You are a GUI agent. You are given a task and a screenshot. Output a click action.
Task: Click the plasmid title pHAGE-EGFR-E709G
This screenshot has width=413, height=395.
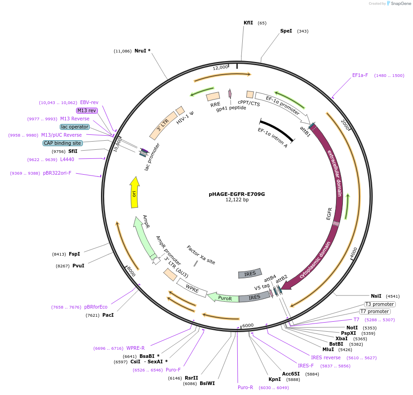point(236,194)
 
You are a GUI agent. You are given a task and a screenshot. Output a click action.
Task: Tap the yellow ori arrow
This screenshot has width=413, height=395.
point(134,192)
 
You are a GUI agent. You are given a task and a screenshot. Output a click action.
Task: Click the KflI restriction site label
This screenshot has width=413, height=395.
point(248,23)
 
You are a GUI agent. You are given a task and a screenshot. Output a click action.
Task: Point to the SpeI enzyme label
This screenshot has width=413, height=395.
point(286,31)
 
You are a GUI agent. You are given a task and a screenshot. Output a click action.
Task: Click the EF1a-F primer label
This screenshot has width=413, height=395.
point(360,76)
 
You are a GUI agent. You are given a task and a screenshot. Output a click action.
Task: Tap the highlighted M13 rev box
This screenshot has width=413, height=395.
point(86,110)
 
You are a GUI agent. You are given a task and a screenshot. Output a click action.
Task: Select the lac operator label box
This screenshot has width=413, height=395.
point(75,127)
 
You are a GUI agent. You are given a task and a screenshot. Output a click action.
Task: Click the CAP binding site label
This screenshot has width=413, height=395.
point(62,143)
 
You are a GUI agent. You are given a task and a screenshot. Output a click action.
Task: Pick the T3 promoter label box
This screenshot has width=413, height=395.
point(379,304)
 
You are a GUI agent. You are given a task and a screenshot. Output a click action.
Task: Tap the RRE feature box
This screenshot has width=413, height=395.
point(213,96)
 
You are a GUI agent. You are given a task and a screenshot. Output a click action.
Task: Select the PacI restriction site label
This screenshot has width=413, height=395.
point(108,315)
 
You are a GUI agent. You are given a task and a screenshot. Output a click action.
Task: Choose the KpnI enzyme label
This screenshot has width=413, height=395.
point(274,380)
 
